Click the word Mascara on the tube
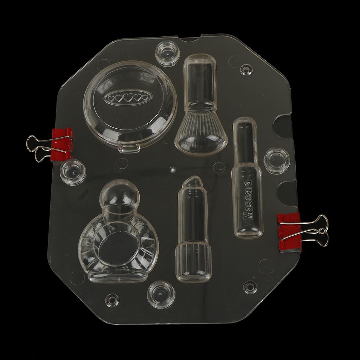pyautogui.click(x=248, y=200)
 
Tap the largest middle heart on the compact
pyautogui.click(x=128, y=98)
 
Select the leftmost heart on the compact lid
pyautogui.click(x=111, y=99)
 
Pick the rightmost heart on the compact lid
pyautogui.click(x=145, y=98)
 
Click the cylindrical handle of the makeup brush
pyautogui.click(x=200, y=80)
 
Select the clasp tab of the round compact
pyautogui.click(x=129, y=148)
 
